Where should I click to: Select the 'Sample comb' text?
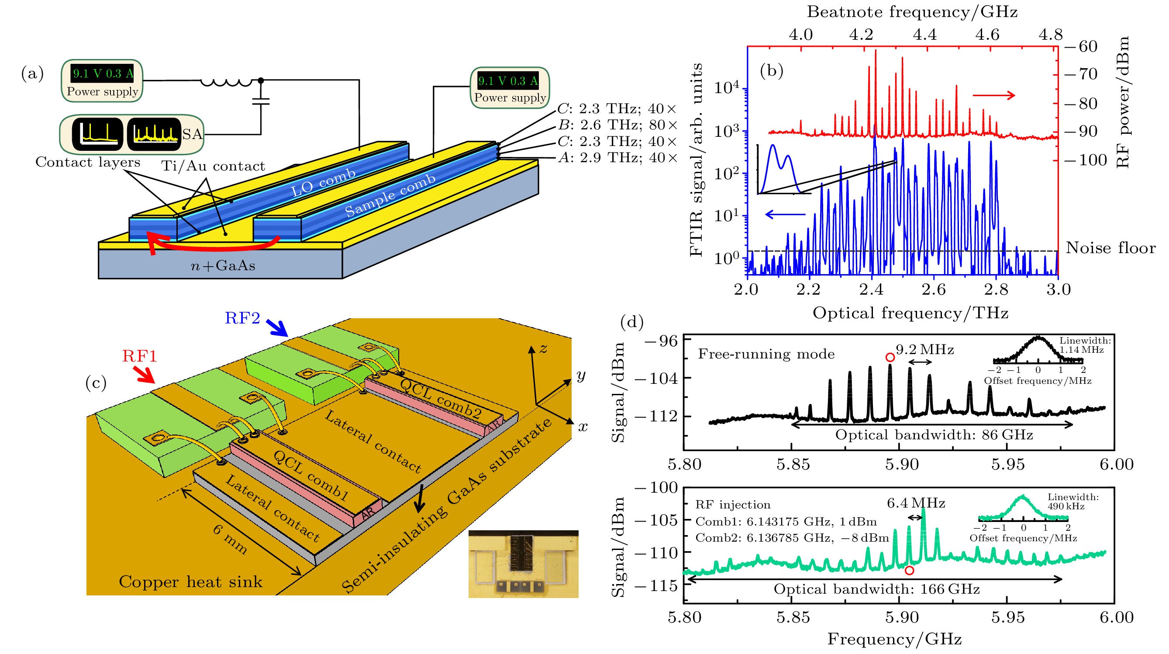[390, 195]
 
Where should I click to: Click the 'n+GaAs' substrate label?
[223, 265]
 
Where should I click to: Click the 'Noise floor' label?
[1110, 248]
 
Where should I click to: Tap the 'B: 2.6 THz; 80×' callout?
[617, 125]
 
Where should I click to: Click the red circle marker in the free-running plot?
[890, 358]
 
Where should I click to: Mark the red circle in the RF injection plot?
[909, 571]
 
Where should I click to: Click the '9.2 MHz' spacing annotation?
[924, 350]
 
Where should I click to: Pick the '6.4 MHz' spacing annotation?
[916, 503]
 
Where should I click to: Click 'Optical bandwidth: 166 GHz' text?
[876, 589]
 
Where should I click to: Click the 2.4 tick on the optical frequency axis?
[871, 289]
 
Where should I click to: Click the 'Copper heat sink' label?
[190, 582]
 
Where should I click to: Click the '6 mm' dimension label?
[231, 539]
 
